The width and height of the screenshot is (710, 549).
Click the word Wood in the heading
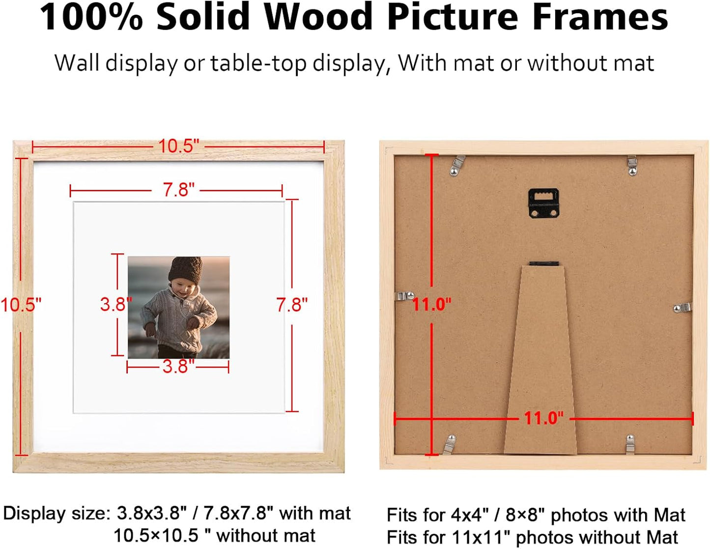click(319, 17)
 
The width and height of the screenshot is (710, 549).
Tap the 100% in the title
click(91, 17)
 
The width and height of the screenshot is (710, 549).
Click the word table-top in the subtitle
click(258, 63)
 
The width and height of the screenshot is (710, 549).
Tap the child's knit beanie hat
click(185, 269)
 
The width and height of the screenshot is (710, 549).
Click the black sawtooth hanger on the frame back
click(543, 203)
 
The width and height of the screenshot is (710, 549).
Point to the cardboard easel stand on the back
click(540, 364)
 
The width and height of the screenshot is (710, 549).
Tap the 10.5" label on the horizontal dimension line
click(178, 146)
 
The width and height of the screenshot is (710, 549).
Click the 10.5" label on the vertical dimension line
click(21, 305)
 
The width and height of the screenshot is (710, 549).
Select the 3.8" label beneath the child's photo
click(178, 366)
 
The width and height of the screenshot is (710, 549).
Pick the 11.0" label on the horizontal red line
click(543, 418)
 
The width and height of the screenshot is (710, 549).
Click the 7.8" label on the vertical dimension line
click(292, 305)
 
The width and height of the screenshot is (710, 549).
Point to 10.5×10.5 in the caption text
click(156, 535)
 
